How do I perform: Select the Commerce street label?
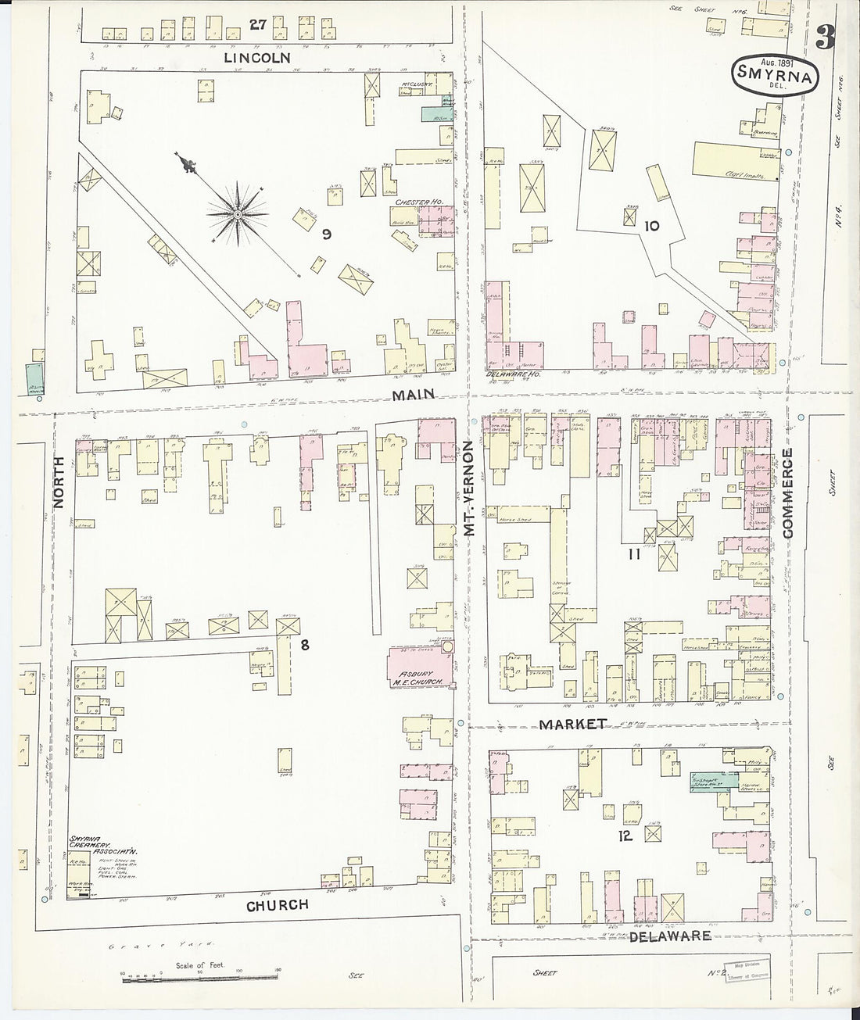click(x=787, y=492)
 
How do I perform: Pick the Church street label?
click(x=278, y=904)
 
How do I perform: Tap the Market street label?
click(x=573, y=724)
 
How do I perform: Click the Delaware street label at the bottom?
click(x=670, y=935)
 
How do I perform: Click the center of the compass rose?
click(x=237, y=213)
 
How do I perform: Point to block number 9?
click(x=327, y=233)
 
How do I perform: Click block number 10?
click(x=651, y=227)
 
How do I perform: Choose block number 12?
click(x=624, y=835)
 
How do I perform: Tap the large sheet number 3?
click(x=822, y=37)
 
